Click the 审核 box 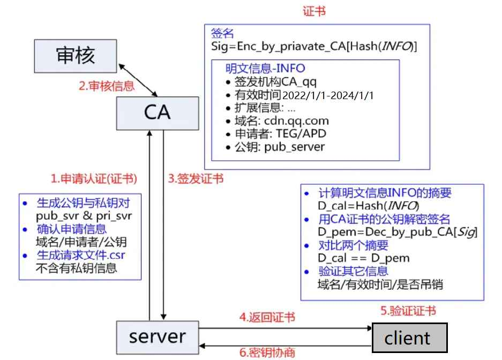pyautogui.click(x=76, y=56)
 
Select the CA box pyautogui.click(x=157, y=112)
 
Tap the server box pyautogui.click(x=157, y=336)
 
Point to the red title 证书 pyautogui.click(x=313, y=11)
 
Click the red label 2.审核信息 pyautogui.click(x=107, y=86)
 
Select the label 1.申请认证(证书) pyautogui.click(x=93, y=179)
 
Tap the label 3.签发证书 pyautogui.click(x=196, y=179)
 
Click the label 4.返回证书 pyautogui.click(x=266, y=317)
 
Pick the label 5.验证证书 pyautogui.click(x=408, y=311)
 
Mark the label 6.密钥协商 pyautogui.click(x=266, y=352)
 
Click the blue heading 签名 pyautogui.click(x=223, y=34)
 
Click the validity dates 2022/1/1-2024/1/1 pyautogui.click(x=327, y=96)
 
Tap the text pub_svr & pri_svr pyautogui.click(x=84, y=216)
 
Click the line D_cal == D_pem pyautogui.click(x=363, y=258)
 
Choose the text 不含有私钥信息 pyautogui.click(x=76, y=267)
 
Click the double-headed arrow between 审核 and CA pyautogui.click(x=138, y=78)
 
